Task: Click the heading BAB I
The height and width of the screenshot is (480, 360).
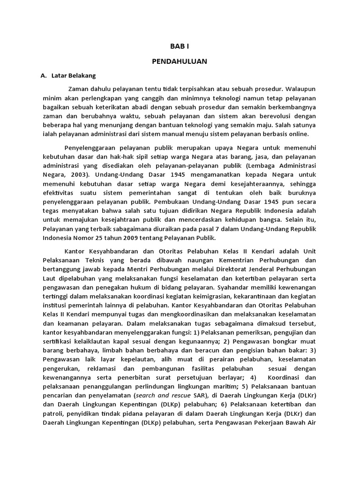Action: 180,46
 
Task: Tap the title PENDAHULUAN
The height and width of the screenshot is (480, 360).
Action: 180,61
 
